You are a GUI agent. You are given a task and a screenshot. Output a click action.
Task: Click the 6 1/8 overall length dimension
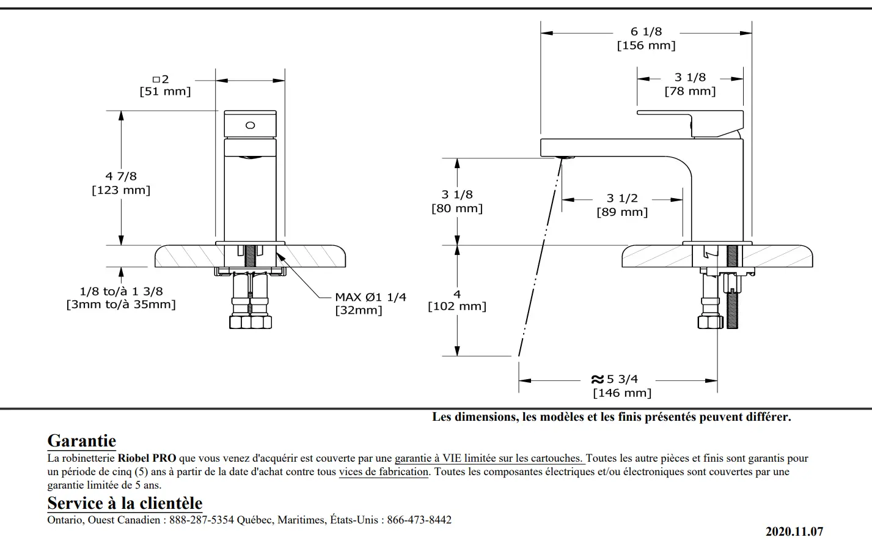click(646, 32)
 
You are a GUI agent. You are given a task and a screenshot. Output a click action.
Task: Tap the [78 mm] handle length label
click(690, 91)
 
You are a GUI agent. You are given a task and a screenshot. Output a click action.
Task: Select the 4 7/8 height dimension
click(121, 176)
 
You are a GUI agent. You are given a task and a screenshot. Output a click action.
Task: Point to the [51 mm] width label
click(165, 92)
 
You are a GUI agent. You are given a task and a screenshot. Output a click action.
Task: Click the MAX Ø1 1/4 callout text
click(370, 297)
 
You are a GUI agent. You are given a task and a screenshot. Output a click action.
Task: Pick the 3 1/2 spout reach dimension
click(621, 198)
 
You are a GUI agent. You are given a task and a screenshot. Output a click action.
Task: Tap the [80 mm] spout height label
click(456, 209)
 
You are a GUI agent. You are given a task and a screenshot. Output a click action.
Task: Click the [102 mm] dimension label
click(456, 306)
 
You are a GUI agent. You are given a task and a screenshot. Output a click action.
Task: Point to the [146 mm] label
click(622, 393)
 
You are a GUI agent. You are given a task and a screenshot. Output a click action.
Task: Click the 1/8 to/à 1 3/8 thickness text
click(121, 292)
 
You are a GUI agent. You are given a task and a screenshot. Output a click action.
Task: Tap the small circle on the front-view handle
click(250, 125)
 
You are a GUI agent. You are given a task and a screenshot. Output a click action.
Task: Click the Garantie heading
click(82, 440)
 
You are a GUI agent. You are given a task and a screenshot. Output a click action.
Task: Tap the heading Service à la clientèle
click(125, 503)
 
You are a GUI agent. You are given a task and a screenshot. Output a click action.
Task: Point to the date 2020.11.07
click(794, 531)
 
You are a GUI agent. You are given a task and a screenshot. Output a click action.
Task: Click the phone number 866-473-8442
click(419, 520)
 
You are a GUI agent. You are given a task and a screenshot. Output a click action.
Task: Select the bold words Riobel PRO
click(147, 458)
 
